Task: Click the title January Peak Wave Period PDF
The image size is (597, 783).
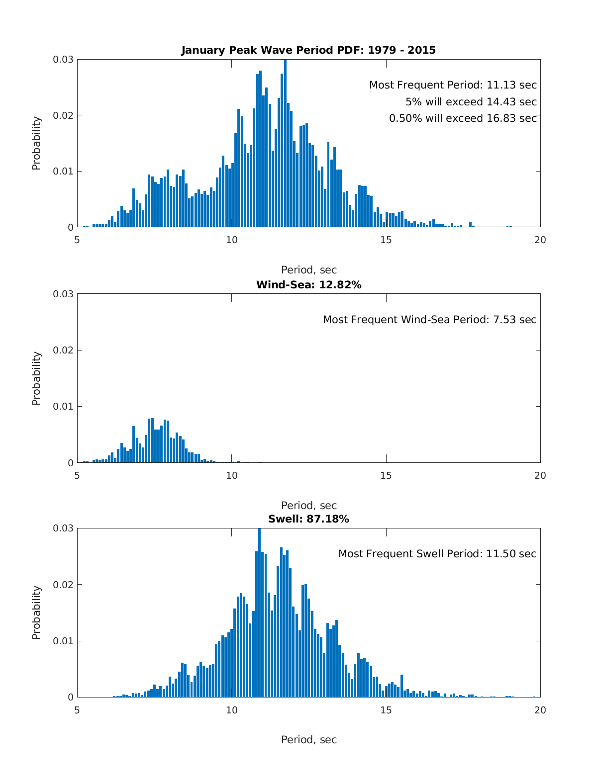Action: [308, 50]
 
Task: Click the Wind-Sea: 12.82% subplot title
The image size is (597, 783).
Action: [308, 285]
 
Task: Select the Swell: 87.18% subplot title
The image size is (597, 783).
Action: [308, 519]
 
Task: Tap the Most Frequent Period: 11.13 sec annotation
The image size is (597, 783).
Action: [453, 85]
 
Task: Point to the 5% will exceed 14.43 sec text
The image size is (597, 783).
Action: [471, 102]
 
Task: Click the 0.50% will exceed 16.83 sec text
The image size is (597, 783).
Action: [463, 118]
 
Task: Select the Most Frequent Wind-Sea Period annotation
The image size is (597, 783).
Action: [429, 320]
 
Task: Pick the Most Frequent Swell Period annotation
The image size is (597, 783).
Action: [437, 554]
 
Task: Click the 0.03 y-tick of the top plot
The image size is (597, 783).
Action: [63, 59]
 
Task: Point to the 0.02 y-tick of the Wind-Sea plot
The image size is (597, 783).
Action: [63, 350]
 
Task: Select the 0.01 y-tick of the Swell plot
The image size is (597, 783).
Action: [63, 641]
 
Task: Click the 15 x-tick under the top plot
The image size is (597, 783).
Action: [386, 240]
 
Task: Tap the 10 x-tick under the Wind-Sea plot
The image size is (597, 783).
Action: [232, 476]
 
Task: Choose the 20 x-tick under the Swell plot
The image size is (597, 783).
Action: [540, 710]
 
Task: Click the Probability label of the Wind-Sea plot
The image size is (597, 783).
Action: [36, 378]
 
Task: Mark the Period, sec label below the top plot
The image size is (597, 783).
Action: [308, 270]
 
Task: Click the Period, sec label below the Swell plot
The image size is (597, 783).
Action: [308, 740]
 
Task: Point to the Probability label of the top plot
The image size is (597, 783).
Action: [36, 143]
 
